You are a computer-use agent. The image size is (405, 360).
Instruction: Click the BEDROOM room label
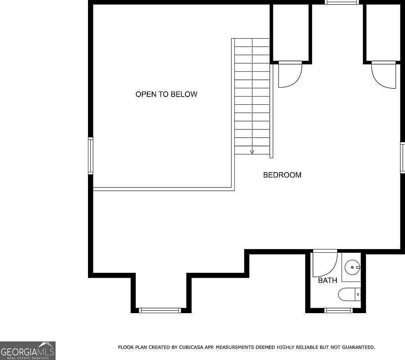click(282, 175)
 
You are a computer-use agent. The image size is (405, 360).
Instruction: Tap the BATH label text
click(327, 280)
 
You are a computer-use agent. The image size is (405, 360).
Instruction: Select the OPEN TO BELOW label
click(167, 94)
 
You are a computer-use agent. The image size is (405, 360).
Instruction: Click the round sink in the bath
click(352, 267)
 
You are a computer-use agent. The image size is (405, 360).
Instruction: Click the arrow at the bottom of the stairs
click(252, 152)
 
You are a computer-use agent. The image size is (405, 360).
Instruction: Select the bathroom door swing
click(325, 263)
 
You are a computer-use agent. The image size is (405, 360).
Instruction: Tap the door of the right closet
click(384, 75)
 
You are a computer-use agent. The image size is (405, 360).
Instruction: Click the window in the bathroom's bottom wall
click(338, 310)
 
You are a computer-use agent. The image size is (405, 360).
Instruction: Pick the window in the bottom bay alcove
click(160, 310)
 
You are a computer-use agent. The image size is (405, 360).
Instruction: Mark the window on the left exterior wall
click(90, 156)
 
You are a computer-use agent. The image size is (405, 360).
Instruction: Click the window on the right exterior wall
click(403, 157)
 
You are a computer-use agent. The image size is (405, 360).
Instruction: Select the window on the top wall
click(342, 2)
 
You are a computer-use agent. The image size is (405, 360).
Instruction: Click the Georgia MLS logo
click(28, 351)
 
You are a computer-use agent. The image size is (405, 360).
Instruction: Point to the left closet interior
click(291, 32)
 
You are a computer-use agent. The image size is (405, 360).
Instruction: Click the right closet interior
click(383, 32)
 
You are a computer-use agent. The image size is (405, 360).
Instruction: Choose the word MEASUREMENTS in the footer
click(232, 347)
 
